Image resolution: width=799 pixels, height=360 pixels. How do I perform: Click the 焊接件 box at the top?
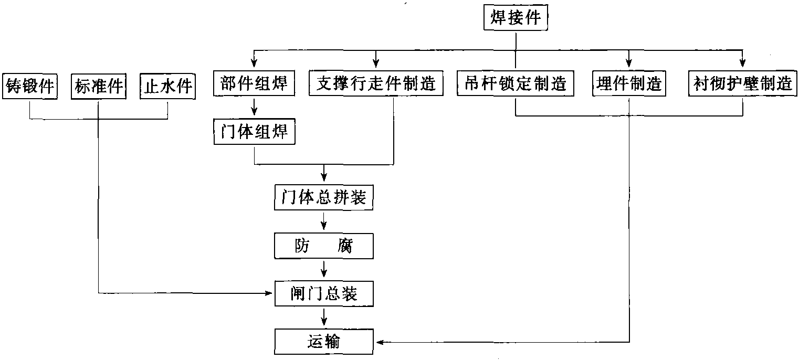pos(516,17)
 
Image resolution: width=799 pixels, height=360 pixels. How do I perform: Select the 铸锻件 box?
pos(30,86)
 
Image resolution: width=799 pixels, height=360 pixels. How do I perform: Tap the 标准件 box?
pos(99,86)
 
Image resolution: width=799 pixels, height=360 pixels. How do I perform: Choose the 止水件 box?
pos(167,86)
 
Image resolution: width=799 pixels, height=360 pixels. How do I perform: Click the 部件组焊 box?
pos(254,83)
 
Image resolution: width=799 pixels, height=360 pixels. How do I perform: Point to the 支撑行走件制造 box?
pos(376,83)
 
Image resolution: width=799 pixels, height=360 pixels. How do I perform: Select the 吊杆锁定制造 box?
pos(516,83)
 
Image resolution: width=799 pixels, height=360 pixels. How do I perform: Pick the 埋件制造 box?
pos(629,83)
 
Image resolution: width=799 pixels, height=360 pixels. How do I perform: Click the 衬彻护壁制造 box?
pos(742,83)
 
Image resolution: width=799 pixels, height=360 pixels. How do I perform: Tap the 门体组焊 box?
pos(254,132)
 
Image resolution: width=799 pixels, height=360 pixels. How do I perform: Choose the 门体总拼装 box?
pos(323,197)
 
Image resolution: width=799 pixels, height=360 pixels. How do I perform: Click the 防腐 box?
pos(323,246)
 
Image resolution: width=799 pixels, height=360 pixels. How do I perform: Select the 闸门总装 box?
pos(324,294)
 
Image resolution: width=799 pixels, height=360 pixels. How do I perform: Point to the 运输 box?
pos(323,342)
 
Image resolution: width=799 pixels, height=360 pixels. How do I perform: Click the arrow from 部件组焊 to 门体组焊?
pos(254,106)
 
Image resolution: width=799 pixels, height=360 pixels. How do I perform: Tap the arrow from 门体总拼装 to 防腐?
pos(323,221)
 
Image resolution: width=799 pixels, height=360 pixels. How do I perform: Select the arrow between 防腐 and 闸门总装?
pos(323,269)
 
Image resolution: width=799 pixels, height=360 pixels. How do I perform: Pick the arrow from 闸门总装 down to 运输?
pos(323,317)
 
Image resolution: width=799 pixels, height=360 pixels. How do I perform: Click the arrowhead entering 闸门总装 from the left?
pos(268,293)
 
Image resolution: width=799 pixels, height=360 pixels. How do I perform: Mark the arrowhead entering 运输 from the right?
pos(380,342)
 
